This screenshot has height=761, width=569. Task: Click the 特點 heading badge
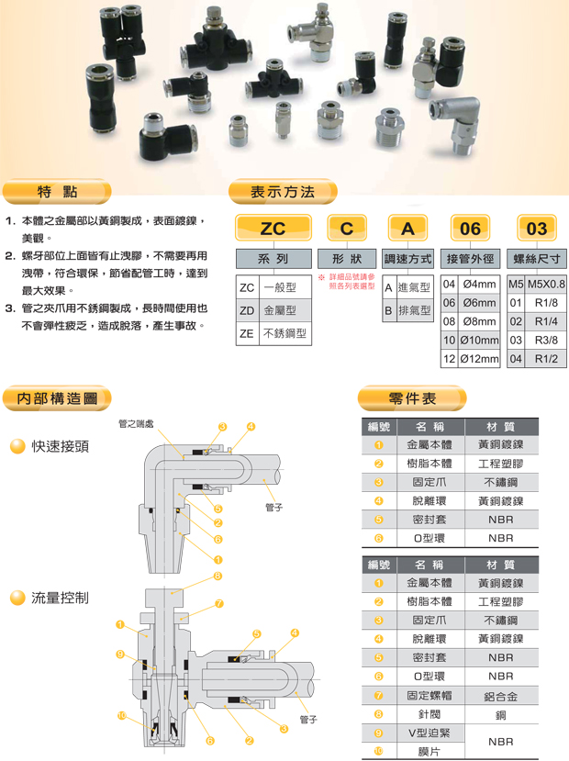[57, 192]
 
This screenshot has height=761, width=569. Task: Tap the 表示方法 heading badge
[283, 192]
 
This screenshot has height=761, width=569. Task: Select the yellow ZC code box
[273, 228]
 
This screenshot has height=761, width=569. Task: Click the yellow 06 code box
[470, 228]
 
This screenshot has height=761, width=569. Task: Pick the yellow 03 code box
[537, 228]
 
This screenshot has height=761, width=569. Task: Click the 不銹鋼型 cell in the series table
[285, 333]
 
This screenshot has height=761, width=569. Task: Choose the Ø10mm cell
[479, 341]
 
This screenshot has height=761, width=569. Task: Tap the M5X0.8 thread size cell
[546, 284]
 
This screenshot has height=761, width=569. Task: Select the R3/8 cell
[546, 341]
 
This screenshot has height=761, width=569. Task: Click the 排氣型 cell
[414, 310]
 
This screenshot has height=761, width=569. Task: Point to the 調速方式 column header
[407, 259]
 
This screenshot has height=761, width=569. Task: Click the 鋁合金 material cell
[501, 697]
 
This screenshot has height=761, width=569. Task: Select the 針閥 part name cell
[430, 715]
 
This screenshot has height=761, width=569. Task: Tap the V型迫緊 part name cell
[430, 733]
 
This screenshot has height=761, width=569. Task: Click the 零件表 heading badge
[412, 398]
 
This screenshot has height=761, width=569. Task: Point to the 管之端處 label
[136, 424]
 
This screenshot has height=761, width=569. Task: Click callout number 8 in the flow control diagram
[218, 576]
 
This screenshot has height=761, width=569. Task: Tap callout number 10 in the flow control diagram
[121, 715]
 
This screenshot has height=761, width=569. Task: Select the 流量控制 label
[61, 598]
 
